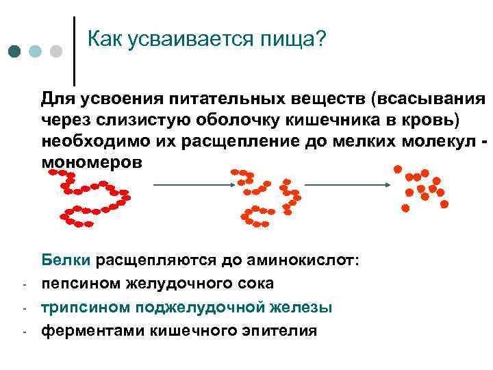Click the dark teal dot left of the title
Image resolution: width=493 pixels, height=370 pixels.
tap(15, 52)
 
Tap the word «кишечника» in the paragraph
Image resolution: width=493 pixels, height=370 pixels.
tap(306, 120)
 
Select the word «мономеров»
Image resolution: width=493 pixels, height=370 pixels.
tap(92, 164)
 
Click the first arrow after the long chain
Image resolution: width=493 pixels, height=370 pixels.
tap(191, 184)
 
